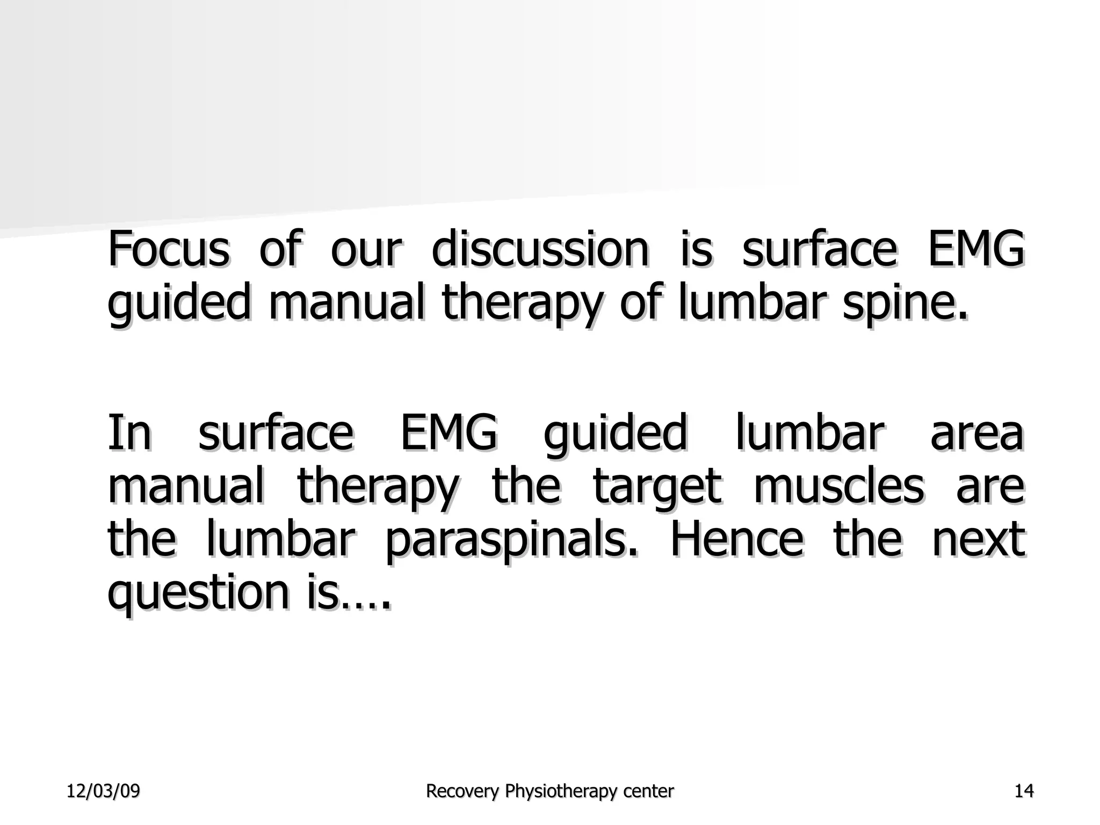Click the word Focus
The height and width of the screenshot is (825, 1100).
(169, 249)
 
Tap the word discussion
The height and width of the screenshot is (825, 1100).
(540, 249)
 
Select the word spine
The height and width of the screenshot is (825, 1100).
(904, 304)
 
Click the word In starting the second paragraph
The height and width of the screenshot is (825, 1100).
(129, 433)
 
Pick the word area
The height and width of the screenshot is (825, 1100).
(976, 434)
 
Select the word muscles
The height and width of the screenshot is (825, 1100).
(838, 487)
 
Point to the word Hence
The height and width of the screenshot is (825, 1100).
(737, 539)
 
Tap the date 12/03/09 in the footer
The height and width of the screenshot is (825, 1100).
(103, 791)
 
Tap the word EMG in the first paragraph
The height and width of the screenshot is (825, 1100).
(976, 249)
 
